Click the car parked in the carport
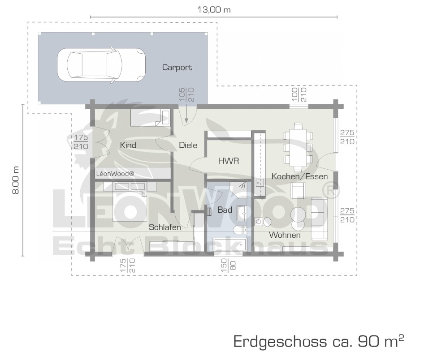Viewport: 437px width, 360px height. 101,64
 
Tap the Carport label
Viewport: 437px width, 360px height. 177,67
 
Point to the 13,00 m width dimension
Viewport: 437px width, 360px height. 214,10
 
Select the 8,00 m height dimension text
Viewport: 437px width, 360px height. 16,180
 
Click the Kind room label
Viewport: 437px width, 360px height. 128,145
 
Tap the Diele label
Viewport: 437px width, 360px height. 188,145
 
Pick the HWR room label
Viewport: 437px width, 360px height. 229,161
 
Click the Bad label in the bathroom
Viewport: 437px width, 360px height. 225,210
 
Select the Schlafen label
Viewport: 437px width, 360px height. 164,227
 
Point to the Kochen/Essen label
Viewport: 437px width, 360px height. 299,176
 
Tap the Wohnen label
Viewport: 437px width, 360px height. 285,235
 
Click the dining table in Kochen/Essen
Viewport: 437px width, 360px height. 298,147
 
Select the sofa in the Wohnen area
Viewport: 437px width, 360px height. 319,219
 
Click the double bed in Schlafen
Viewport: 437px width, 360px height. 130,201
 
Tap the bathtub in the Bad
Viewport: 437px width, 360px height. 230,245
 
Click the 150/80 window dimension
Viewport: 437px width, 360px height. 229,266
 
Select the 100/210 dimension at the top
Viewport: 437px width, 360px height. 299,94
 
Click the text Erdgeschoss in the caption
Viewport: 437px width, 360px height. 280,341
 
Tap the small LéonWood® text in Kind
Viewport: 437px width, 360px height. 115,174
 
